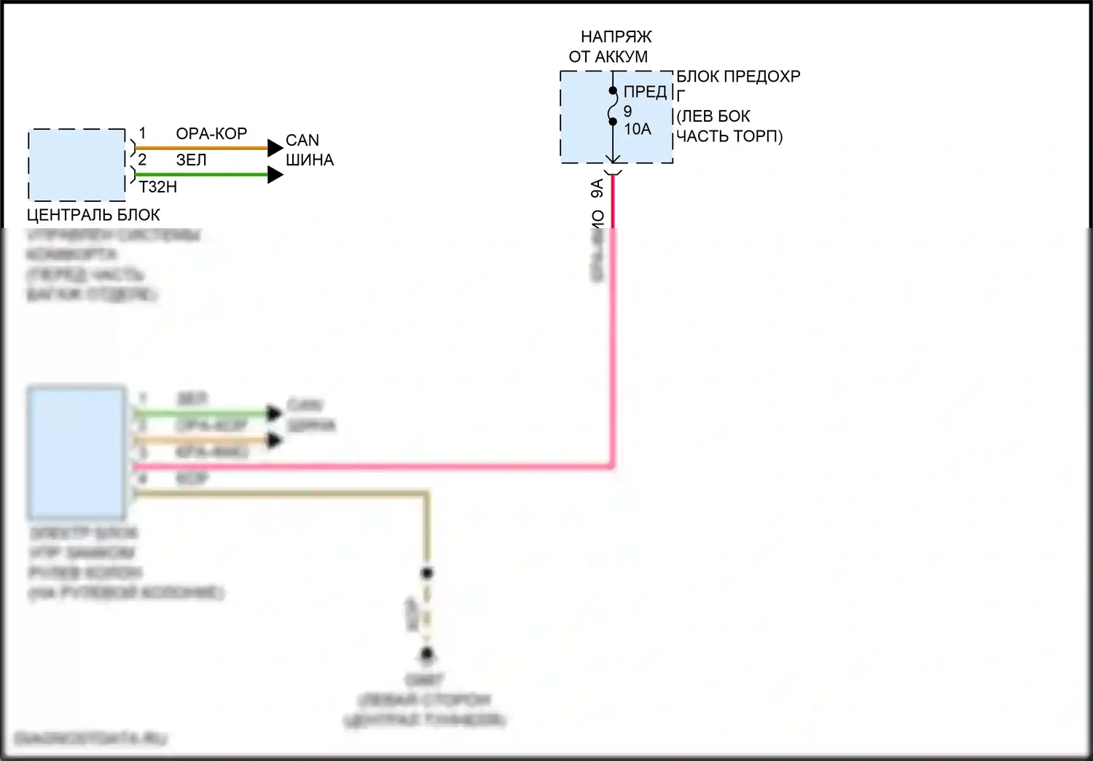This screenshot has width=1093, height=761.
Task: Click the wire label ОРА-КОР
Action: coord(211,133)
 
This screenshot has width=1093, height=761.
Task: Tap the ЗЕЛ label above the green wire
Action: coord(192,160)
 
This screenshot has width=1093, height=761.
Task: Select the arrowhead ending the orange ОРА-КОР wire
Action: coord(275,148)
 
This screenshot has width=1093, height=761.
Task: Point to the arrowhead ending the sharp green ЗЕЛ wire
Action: coord(275,175)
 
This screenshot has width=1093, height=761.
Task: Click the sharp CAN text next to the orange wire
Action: coord(302,140)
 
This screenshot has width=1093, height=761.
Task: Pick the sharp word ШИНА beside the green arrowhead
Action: coord(310,160)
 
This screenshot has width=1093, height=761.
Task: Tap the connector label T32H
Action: coord(157,187)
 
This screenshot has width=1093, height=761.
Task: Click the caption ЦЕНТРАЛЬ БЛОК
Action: coord(93,215)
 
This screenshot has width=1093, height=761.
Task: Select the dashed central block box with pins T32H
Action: coord(77,165)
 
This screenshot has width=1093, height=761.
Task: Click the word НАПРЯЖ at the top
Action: coord(616,36)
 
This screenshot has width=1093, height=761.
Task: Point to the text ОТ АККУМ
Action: coord(608,56)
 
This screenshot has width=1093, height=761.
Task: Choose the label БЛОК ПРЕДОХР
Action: coord(738,77)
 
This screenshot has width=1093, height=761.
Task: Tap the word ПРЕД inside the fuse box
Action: coord(645,92)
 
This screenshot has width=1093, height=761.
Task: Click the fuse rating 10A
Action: coord(637,129)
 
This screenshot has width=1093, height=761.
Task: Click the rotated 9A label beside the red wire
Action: coord(598,189)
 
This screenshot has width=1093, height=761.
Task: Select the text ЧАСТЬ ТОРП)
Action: coord(729,136)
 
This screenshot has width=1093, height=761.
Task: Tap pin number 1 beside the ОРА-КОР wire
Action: coord(143,133)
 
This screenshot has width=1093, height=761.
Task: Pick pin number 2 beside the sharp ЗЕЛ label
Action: coord(143,160)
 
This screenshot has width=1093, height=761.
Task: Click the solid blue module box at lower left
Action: coord(77,453)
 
